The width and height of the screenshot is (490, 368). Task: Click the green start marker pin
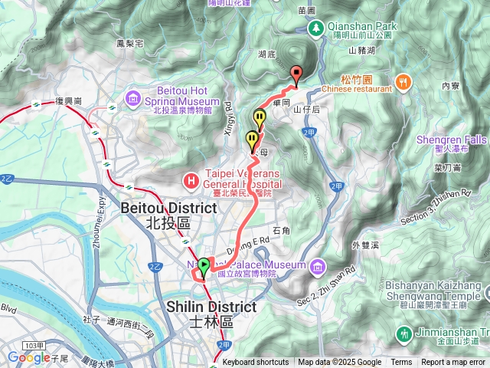point(204,267)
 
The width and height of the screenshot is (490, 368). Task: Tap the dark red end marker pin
point(296,74)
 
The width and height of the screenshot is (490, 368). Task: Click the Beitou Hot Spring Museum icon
point(134,97)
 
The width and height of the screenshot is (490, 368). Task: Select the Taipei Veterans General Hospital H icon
point(191,181)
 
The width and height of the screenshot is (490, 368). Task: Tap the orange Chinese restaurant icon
point(402,81)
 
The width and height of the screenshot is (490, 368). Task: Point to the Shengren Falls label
point(451,140)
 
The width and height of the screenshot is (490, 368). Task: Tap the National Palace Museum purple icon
point(317,266)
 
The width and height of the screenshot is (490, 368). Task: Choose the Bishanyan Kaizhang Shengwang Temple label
point(439,294)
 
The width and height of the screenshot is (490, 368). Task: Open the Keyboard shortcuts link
point(255,363)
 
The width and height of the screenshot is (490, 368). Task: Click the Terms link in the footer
point(401,363)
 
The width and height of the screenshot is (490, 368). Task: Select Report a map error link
point(453,363)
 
